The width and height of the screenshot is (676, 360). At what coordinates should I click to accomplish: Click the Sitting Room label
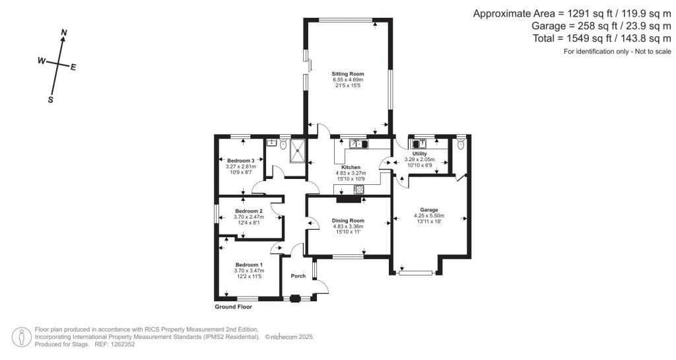point(347,74)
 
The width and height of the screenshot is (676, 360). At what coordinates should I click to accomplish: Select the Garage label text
point(429,209)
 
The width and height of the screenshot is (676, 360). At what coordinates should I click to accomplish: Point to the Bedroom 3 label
point(240,161)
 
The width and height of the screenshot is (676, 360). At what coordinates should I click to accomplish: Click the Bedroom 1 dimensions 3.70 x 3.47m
point(249,270)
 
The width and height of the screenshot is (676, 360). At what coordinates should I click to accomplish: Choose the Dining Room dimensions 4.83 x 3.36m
point(348,227)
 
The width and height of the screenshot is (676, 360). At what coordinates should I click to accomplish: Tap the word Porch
point(298,276)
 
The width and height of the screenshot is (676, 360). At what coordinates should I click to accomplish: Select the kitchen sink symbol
point(358,143)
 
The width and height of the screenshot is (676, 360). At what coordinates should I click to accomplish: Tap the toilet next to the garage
point(460,143)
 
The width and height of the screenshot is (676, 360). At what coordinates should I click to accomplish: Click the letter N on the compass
point(64,32)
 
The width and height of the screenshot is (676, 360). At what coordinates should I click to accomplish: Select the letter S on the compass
point(50,100)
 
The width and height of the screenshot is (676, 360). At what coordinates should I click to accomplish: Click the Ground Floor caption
point(233,306)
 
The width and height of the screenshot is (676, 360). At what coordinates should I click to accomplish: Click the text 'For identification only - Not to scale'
point(617,52)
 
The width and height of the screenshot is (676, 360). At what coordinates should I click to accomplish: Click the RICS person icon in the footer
point(24,336)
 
